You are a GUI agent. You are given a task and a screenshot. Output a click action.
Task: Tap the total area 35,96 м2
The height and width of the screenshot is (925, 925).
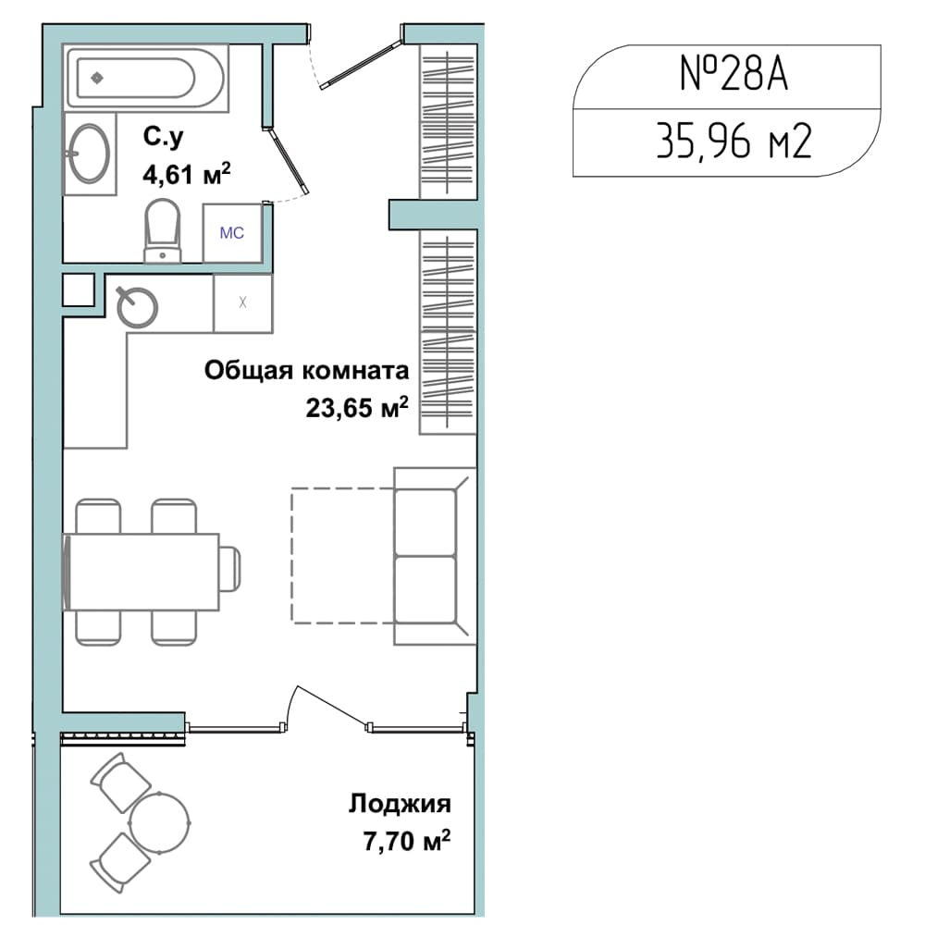point(734,142)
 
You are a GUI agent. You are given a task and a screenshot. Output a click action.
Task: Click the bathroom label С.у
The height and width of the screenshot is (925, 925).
point(163,138)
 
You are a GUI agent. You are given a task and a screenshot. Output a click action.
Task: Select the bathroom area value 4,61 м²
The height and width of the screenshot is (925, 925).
point(187,174)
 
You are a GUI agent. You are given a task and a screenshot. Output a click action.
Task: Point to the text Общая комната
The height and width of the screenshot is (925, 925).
point(306,371)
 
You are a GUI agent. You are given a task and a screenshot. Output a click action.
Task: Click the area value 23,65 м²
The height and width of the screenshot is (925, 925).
point(357,407)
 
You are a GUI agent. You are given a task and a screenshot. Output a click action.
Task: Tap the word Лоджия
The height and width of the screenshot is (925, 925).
point(400,804)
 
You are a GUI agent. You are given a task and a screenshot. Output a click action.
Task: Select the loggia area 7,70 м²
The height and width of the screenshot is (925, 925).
point(407,841)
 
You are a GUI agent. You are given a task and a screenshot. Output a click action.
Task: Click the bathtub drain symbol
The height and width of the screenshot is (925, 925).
point(97,78)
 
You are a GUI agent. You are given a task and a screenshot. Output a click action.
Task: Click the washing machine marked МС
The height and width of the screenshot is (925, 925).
point(232,233)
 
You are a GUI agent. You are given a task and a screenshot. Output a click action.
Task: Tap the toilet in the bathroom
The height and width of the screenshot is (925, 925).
point(162,230)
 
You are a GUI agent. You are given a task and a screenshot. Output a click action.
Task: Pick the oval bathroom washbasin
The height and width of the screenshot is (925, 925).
point(89,154)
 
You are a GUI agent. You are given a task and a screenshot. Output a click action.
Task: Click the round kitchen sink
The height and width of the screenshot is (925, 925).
point(138,307)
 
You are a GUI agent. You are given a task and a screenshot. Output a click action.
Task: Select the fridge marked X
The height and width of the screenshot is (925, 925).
point(242,303)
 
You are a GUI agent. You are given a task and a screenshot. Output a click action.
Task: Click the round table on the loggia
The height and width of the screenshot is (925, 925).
point(160,821)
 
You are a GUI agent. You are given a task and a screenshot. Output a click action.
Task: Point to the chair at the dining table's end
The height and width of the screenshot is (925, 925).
point(230,570)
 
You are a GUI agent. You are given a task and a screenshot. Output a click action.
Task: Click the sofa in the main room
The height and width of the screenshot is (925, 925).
point(435,556)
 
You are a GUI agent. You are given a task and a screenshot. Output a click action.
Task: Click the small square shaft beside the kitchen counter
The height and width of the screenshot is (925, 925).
point(79,290)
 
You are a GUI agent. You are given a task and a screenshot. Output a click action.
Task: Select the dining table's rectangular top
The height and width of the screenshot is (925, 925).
point(142,572)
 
